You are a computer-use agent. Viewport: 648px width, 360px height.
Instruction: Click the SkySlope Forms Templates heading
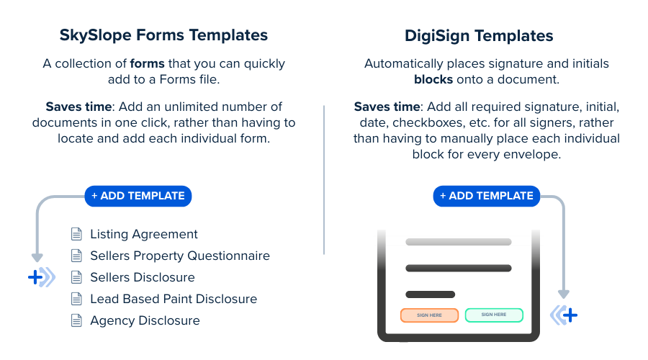pyautogui.click(x=163, y=35)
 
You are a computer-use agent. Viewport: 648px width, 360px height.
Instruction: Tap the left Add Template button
pyautogui.click(x=138, y=196)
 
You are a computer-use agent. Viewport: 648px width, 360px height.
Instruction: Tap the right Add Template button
pyautogui.click(x=487, y=196)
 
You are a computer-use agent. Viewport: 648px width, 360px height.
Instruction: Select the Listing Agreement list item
pyautogui.click(x=143, y=234)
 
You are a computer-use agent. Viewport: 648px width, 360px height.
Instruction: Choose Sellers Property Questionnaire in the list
pyautogui.click(x=179, y=256)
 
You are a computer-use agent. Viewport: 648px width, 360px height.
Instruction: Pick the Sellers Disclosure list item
pyautogui.click(x=142, y=277)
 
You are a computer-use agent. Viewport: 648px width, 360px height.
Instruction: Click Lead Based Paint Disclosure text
pyautogui.click(x=173, y=299)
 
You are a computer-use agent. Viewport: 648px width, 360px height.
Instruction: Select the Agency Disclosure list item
pyautogui.click(x=145, y=320)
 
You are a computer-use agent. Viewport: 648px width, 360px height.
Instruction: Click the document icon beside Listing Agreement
pyautogui.click(x=76, y=234)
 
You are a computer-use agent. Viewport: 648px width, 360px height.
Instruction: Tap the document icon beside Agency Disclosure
pyautogui.click(x=76, y=320)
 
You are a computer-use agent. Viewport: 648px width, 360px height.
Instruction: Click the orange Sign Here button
pyautogui.click(x=429, y=315)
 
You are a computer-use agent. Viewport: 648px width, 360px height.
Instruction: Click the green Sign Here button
pyautogui.click(x=494, y=315)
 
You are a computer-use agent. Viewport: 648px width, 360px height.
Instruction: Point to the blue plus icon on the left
pyautogui.click(x=42, y=277)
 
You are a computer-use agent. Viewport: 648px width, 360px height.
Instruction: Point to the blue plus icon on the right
pyautogui.click(x=564, y=315)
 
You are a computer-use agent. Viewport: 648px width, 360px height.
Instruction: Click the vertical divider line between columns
pyautogui.click(x=324, y=180)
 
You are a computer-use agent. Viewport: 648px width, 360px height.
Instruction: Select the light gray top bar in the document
pyautogui.click(x=459, y=242)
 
